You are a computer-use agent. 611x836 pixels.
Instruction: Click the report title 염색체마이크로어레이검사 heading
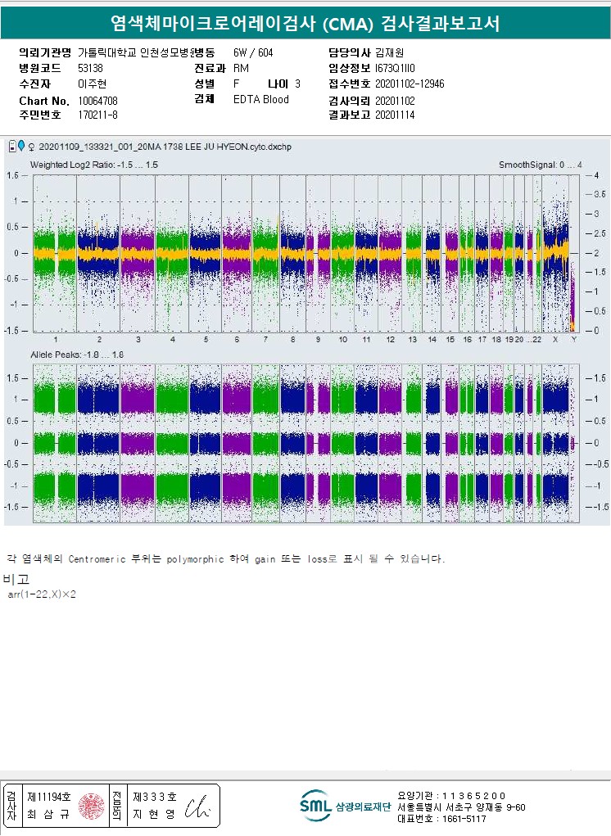coord(305,24)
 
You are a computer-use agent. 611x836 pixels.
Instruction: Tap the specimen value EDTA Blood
coord(260,100)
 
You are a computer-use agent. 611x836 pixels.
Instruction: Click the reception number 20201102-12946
coord(410,84)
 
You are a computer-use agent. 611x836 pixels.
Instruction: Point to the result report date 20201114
coord(395,115)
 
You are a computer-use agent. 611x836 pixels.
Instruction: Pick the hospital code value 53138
coord(90,68)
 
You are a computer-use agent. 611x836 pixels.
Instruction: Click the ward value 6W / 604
coord(253,52)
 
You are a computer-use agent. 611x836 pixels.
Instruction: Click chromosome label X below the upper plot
coord(555,339)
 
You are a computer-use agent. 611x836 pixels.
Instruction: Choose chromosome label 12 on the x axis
coord(391,339)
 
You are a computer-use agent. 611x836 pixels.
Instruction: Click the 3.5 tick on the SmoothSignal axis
coord(599,195)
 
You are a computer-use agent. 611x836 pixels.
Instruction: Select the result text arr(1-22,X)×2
coord(42,594)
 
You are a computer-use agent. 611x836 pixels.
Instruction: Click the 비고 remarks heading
coord(16,579)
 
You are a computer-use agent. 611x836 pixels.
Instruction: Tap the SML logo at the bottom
coord(315,806)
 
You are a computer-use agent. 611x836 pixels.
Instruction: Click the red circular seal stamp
coord(91,806)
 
